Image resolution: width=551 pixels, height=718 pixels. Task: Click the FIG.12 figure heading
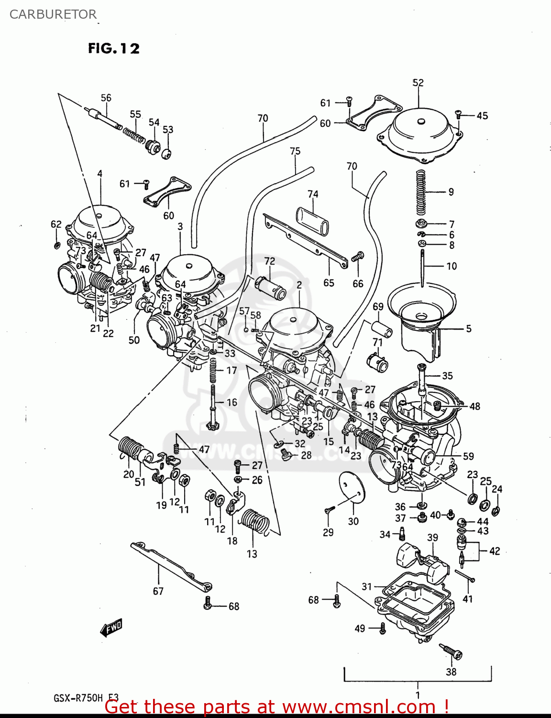(114, 48)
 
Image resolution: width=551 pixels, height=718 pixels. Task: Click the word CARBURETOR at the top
(53, 14)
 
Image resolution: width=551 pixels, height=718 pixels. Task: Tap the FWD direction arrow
(111, 627)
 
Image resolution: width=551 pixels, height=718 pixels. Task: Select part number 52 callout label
(418, 83)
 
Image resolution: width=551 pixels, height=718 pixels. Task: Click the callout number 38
(451, 672)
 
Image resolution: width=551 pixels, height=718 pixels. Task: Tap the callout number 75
(295, 151)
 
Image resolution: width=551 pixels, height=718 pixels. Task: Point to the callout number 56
(106, 98)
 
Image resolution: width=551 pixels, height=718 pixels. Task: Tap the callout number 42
(495, 551)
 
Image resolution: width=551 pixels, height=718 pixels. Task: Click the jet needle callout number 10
(452, 266)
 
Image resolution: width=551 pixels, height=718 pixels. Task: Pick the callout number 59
(468, 456)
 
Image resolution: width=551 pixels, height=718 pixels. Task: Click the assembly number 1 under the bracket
(418, 695)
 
